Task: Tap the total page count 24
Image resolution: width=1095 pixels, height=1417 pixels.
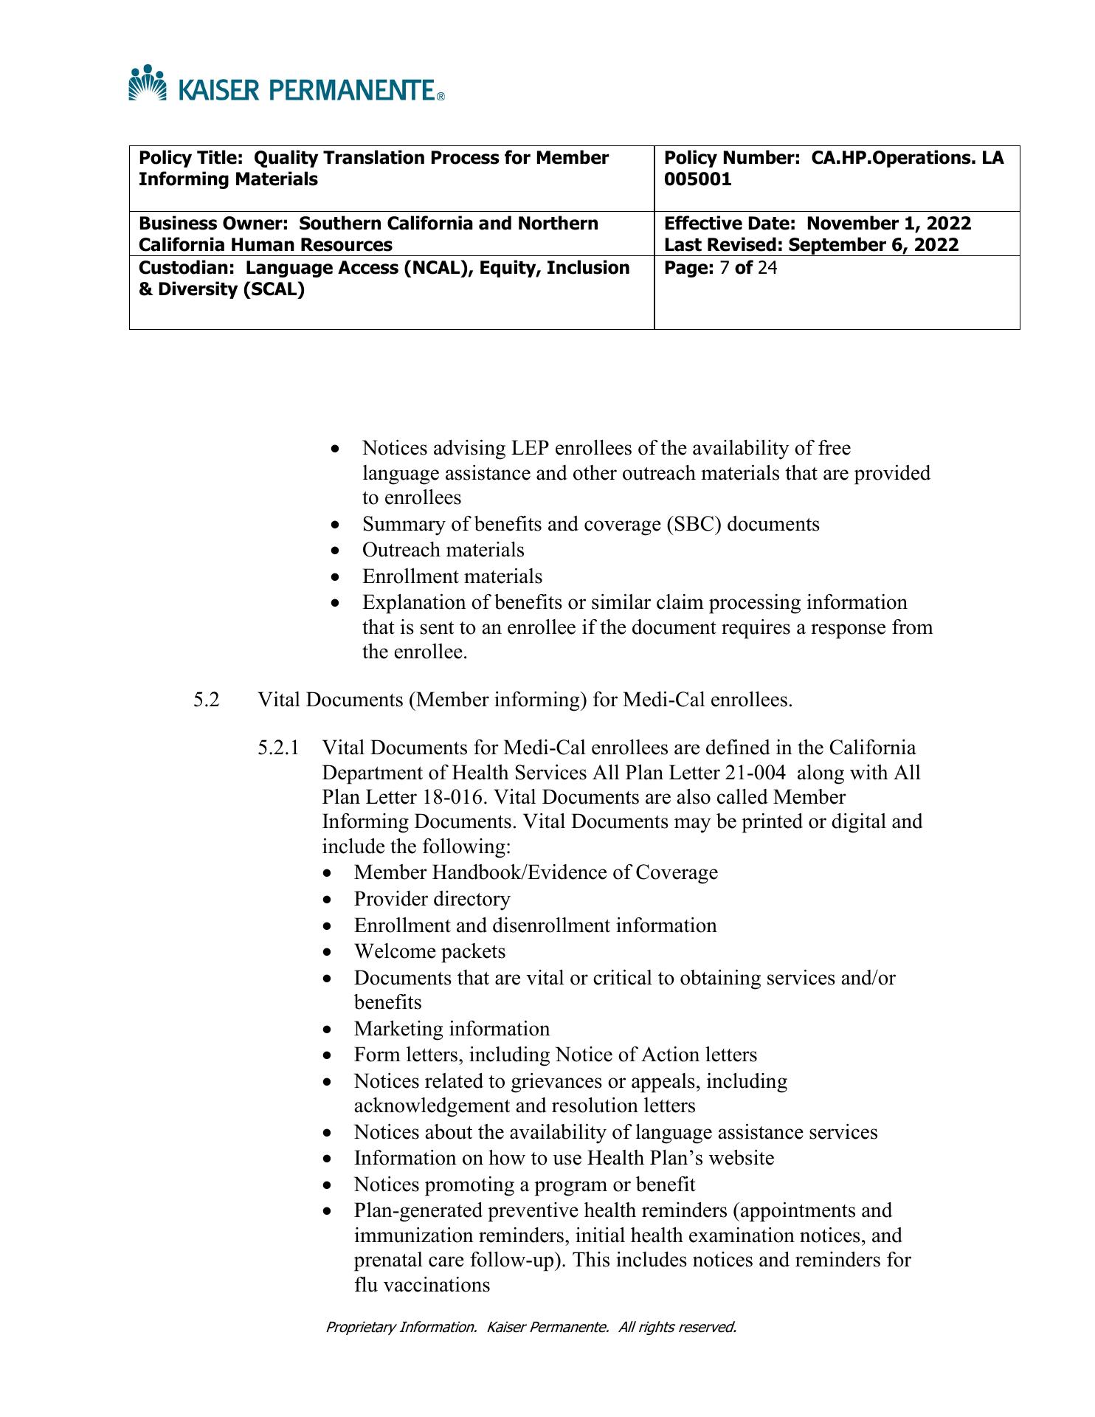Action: [x=767, y=267]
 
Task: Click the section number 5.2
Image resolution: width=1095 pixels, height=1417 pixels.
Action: [x=207, y=700]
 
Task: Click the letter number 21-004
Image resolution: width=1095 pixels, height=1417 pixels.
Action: [x=745, y=773]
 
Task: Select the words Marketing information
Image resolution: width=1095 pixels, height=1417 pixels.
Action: [x=452, y=1029]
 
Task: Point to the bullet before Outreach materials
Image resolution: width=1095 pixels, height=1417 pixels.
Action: [x=336, y=551]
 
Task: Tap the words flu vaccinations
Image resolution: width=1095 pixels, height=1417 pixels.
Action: [x=421, y=1285]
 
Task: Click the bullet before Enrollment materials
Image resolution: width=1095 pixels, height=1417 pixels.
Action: [x=336, y=577]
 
